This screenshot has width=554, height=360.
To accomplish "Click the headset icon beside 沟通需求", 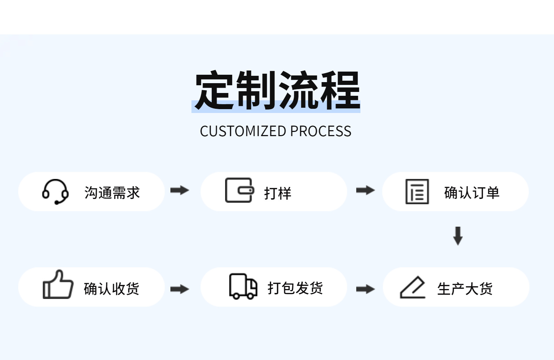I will [55, 192].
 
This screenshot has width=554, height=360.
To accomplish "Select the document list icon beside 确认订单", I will [417, 192].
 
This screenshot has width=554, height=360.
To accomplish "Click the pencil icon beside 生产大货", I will [413, 288].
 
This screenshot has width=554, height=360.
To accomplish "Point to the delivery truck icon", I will [243, 286].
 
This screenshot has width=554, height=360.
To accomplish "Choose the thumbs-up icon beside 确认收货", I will [58, 285].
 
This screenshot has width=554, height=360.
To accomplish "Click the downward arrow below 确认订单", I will [458, 236].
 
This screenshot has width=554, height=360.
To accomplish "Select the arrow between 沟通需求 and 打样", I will [180, 191].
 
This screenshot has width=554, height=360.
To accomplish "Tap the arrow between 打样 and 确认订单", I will [365, 191].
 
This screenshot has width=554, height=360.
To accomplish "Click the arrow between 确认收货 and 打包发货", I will [180, 289].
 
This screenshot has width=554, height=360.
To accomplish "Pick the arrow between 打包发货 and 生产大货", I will [365, 289].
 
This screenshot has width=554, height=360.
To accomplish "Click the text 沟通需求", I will [112, 193].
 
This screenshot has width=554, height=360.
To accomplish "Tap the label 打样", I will [277, 193].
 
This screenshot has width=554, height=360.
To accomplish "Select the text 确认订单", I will [472, 193].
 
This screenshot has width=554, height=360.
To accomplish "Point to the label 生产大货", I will [465, 289].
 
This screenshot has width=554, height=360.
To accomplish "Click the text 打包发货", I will [295, 288].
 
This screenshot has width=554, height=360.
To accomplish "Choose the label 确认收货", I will [111, 289].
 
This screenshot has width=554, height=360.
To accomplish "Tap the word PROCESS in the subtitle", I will [320, 131].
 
